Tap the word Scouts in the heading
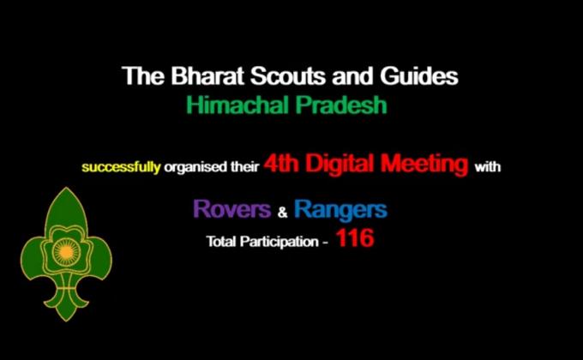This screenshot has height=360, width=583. point(273,76)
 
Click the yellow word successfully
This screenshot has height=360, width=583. point(121,167)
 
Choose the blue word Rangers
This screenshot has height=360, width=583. point(340,209)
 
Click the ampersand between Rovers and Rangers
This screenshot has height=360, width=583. point(282,213)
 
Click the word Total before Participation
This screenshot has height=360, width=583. point(220,243)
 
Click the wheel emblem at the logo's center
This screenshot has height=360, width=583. point(65,255)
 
